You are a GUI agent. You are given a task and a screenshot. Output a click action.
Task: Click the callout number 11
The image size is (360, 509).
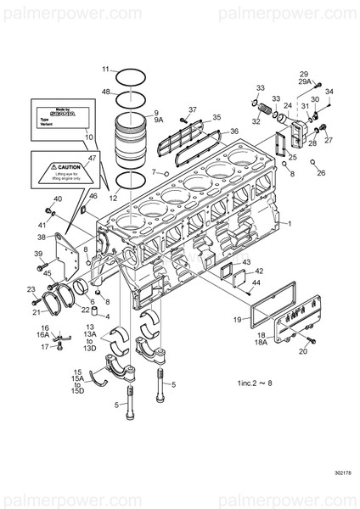(x=106, y=69)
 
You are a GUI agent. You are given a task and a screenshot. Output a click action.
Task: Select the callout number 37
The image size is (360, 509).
(x=193, y=109)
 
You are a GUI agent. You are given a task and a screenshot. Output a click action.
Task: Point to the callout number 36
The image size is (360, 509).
(x=234, y=131)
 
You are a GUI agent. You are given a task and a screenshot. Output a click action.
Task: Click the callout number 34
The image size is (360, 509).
(x=329, y=91)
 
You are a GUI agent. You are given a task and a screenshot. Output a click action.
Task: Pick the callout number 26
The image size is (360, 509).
(x=321, y=173)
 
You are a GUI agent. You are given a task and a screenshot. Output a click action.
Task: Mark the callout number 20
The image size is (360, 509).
(x=303, y=350)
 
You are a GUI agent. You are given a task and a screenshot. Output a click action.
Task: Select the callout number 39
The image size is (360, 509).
(x=38, y=254)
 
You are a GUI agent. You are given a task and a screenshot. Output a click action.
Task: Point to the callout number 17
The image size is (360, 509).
(x=45, y=347)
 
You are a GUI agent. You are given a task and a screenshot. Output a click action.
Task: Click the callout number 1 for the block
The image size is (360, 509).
(x=290, y=222)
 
